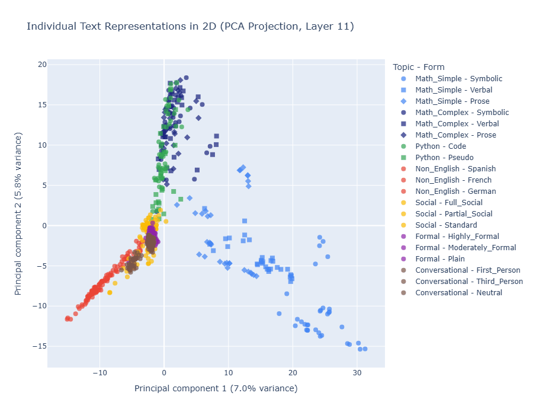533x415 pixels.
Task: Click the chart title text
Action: (190, 26)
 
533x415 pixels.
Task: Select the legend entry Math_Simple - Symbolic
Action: (458, 78)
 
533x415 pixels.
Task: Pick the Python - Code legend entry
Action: (441, 146)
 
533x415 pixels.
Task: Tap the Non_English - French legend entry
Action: (453, 180)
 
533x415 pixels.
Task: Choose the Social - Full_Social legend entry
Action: (449, 203)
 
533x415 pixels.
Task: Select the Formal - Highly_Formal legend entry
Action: (457, 237)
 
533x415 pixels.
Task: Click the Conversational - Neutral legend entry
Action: (458, 293)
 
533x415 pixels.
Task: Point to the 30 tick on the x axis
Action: (357, 373)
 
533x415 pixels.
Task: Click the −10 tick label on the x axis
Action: (99, 373)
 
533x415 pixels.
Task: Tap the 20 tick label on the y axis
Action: (40, 65)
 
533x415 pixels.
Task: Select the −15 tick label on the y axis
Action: (38, 346)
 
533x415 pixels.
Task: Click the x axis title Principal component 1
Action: (216, 389)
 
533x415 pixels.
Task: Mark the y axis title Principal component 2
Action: (20, 215)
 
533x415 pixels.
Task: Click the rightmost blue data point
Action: (365, 349)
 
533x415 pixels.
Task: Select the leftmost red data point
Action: (67, 319)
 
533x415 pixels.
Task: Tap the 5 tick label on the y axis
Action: (43, 185)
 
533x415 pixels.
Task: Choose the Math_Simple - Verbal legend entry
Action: (454, 90)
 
